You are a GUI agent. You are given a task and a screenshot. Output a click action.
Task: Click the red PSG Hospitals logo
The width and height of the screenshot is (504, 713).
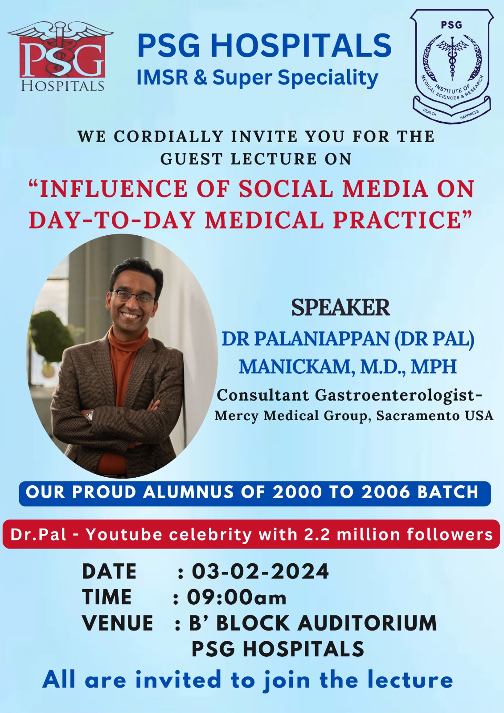tap(61, 56)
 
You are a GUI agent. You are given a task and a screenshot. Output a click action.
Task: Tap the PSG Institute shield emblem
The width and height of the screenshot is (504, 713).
tap(452, 66)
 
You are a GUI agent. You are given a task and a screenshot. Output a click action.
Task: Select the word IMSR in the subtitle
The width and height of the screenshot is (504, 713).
tap(162, 78)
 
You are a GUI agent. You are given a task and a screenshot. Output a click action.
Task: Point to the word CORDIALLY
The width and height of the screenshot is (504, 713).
tap(168, 136)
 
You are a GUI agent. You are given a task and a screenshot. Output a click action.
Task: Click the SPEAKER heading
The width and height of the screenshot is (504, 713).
tap(340, 307)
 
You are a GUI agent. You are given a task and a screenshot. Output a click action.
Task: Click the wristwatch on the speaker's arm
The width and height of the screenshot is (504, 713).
tap(90, 416)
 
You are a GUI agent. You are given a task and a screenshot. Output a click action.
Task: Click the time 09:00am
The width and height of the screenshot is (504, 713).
tap(236, 597)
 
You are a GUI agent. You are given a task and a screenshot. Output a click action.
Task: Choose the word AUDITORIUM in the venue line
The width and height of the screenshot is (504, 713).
tap(367, 623)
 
